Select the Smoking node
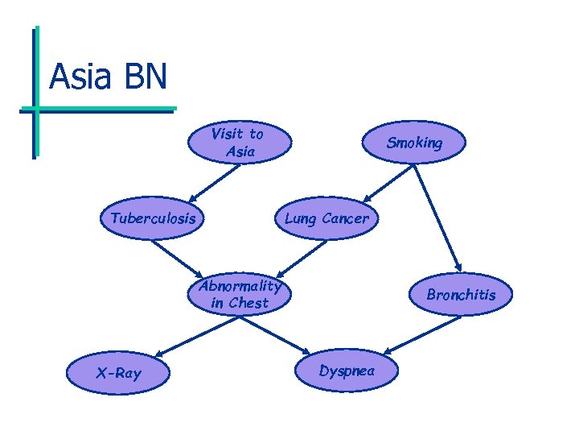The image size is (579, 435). [414, 143]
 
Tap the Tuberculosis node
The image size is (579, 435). [154, 218]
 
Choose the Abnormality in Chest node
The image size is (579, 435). [240, 294]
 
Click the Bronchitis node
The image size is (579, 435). [461, 295]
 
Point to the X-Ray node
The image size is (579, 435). [118, 373]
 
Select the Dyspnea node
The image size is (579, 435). [346, 371]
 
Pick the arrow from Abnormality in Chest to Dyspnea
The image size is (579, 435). [273, 333]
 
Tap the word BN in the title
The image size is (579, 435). [146, 77]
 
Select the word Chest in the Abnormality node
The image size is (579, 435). [248, 303]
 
